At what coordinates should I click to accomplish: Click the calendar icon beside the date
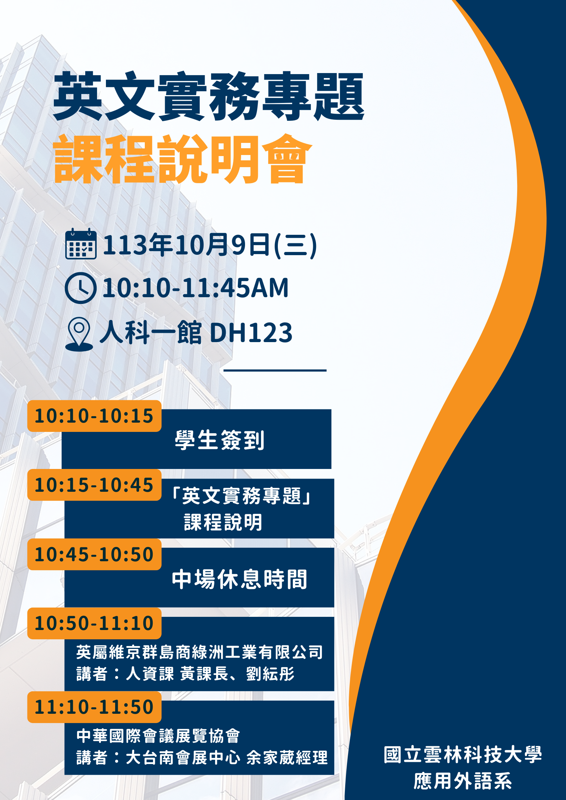point(81,244)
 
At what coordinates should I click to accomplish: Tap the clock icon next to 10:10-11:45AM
point(81,288)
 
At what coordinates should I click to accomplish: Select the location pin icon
point(79,334)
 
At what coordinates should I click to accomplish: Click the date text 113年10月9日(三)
point(210,245)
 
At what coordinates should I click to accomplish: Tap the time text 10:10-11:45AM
point(195,288)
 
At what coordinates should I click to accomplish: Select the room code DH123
point(251,333)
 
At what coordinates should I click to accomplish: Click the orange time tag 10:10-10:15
point(95,416)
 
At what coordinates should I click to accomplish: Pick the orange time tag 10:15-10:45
point(95,485)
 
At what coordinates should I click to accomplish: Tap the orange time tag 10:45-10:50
point(95,554)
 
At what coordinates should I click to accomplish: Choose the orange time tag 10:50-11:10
point(95,623)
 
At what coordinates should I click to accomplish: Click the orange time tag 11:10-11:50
point(95,707)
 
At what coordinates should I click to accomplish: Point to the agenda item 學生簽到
point(220,440)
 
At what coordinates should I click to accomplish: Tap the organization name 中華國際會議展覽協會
point(158,736)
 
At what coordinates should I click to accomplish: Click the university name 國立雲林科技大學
point(463,754)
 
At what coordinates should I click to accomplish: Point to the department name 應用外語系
point(463,781)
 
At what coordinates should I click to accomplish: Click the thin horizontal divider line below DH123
point(275,371)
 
